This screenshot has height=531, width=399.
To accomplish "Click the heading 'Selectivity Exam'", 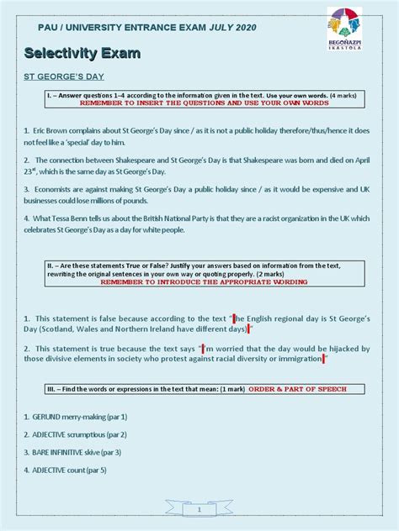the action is coord(82,54).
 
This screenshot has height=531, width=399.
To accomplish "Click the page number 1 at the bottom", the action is coord(199,510).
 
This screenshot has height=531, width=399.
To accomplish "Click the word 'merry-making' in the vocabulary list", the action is coord(89,417).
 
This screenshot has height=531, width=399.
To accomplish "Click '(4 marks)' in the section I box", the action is coord(339,96).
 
